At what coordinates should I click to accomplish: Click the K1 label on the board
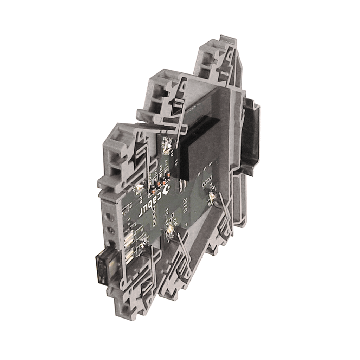[x=177, y=162]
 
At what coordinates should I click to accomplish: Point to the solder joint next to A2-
[x=139, y=187]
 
